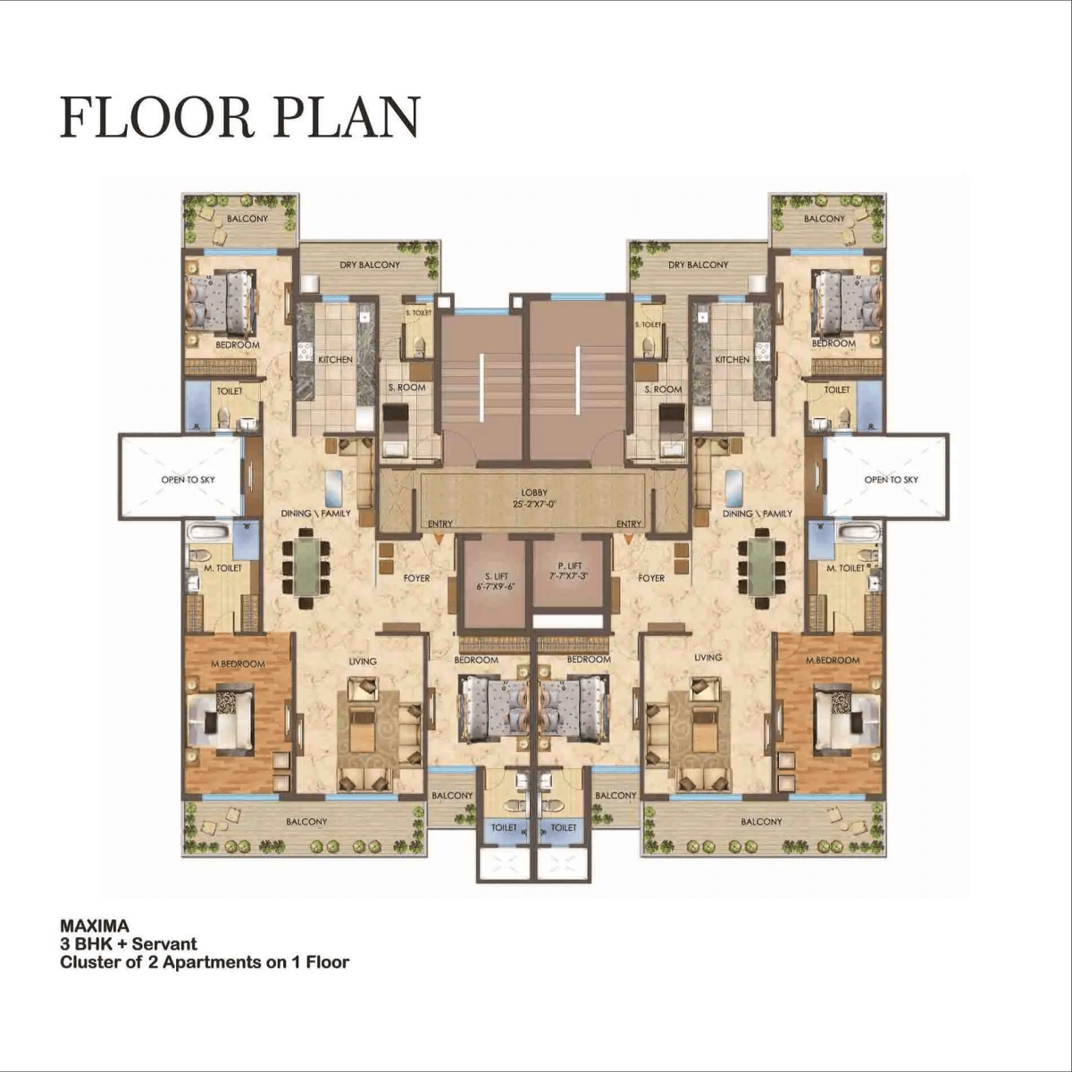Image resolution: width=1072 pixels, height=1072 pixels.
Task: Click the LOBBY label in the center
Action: (534, 493)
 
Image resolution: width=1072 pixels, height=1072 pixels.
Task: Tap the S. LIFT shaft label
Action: (497, 576)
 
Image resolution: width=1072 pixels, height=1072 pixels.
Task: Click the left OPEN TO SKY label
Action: (188, 480)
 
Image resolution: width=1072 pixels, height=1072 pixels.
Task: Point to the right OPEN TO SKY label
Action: (892, 480)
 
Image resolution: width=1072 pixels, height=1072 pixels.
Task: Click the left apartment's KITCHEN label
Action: (336, 360)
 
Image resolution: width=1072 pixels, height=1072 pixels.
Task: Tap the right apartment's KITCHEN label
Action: (733, 360)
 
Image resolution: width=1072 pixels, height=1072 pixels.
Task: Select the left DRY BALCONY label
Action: (370, 264)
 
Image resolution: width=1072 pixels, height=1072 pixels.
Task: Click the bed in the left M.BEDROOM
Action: (220, 721)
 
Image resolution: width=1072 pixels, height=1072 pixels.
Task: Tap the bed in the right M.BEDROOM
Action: (848, 721)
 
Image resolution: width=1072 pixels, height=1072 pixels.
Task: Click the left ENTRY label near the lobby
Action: (440, 524)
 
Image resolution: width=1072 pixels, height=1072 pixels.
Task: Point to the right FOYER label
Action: (651, 578)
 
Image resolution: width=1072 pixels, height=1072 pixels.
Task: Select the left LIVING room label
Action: (363, 661)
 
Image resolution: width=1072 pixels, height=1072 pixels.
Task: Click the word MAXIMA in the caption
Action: (95, 926)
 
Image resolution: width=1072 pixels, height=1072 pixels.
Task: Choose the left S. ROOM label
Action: (407, 387)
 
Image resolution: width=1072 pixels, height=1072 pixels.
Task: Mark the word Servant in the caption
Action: (164, 944)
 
